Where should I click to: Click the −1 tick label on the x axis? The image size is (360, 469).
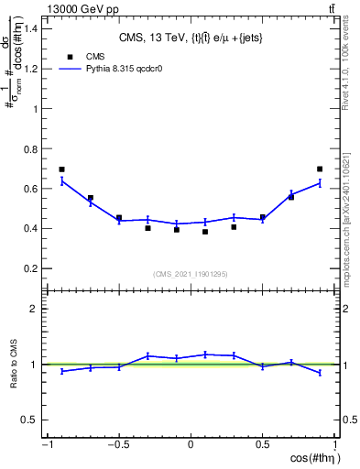46,445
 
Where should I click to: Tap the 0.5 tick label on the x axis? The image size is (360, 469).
263,445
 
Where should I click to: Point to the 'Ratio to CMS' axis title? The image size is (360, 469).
16,364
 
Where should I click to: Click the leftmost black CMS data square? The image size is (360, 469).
61,169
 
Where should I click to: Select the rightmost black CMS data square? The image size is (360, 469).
320,169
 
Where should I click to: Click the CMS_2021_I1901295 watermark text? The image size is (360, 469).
191,274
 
